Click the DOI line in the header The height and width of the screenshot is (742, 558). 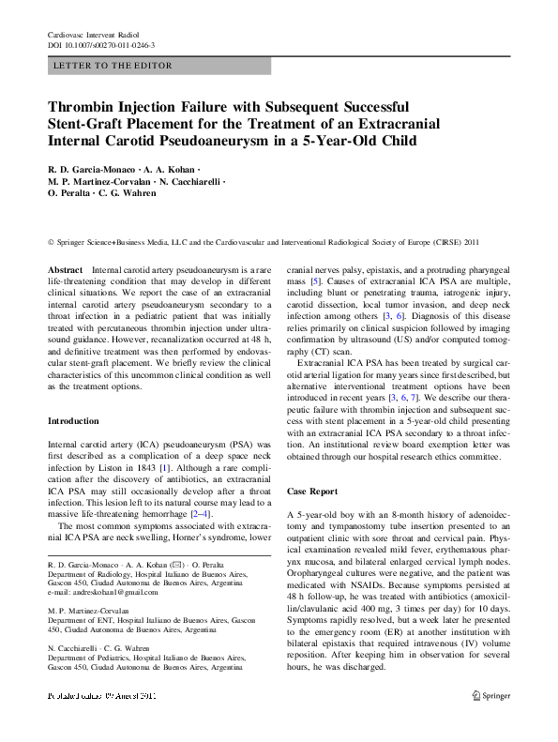pos(101,45)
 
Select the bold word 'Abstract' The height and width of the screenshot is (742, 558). pos(65,269)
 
